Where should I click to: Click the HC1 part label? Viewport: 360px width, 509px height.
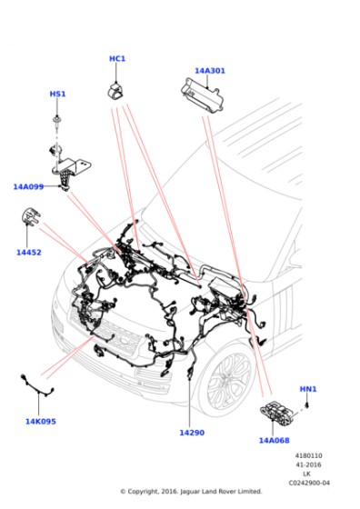click(x=117, y=59)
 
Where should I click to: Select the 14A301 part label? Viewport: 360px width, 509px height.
click(x=210, y=70)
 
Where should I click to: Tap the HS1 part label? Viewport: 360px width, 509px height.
click(x=57, y=94)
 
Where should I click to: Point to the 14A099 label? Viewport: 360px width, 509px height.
click(x=28, y=186)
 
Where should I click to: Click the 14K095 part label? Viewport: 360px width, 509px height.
click(x=41, y=421)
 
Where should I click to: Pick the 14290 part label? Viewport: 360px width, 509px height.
click(x=191, y=433)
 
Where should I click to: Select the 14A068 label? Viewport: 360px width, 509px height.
click(x=274, y=440)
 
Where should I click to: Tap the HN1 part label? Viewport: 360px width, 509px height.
click(x=308, y=389)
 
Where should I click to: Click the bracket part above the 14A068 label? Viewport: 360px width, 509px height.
click(x=279, y=413)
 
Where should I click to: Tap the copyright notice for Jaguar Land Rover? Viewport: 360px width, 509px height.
click(x=191, y=492)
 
